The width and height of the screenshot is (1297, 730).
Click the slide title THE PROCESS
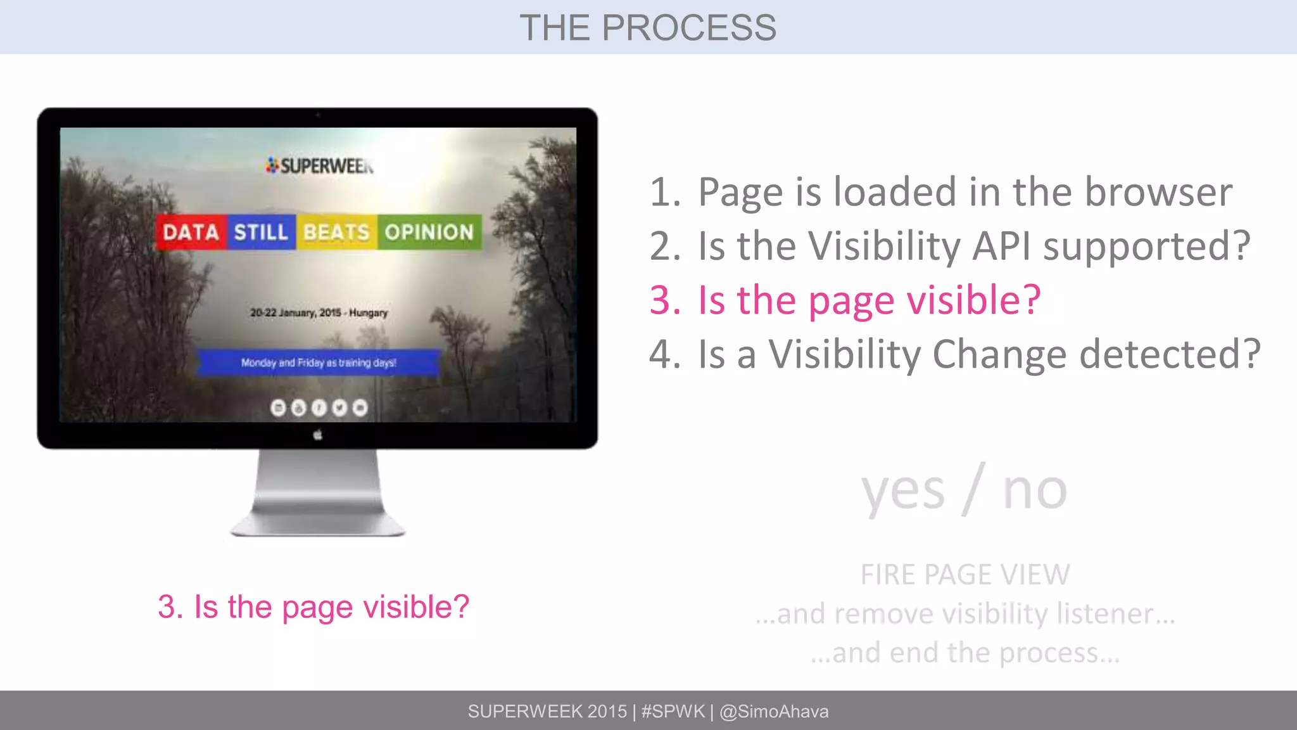pyautogui.click(x=648, y=28)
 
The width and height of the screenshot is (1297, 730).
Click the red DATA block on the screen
pyautogui.click(x=191, y=232)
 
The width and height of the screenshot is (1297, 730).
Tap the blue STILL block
pyautogui.click(x=261, y=232)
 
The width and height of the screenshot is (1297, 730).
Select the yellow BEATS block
pyautogui.click(x=336, y=232)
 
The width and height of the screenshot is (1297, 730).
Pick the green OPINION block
pyautogui.click(x=429, y=232)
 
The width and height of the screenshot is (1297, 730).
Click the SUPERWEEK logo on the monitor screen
pyautogui.click(x=320, y=166)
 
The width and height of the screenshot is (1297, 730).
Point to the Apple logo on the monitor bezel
pyautogui.click(x=318, y=435)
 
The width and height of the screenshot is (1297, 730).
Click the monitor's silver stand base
pyautogui.click(x=318, y=523)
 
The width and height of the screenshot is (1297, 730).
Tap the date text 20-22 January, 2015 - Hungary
pyautogui.click(x=319, y=313)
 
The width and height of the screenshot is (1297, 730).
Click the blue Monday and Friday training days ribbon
pyautogui.click(x=319, y=363)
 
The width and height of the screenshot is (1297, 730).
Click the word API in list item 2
pyautogui.click(x=1003, y=246)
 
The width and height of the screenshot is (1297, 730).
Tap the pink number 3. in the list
pyautogui.click(x=665, y=300)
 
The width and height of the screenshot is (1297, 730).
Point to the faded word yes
pyautogui.click(x=902, y=492)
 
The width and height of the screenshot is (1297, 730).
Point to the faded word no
pyautogui.click(x=1035, y=492)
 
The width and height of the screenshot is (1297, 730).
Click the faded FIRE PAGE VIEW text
pyautogui.click(x=965, y=575)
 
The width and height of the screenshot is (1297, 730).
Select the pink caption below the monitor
pyautogui.click(x=313, y=607)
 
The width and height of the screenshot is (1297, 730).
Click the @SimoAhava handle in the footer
pyautogui.click(x=774, y=712)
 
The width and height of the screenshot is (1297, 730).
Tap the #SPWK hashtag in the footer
pyautogui.click(x=673, y=712)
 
